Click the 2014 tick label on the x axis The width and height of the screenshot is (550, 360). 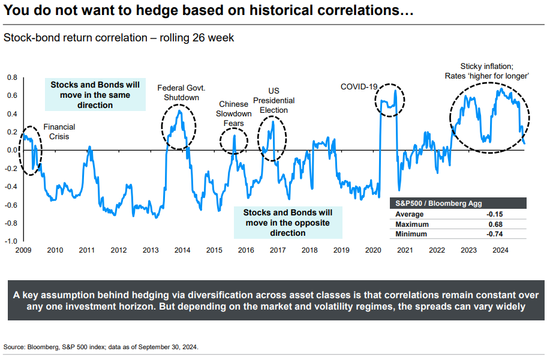(x=182, y=250)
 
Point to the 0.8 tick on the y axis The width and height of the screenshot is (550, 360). (x=13, y=77)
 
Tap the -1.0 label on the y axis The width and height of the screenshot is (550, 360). (x=11, y=241)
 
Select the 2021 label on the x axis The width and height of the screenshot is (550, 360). (x=404, y=250)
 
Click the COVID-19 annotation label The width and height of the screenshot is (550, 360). (x=359, y=86)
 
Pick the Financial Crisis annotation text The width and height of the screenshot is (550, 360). (x=59, y=132)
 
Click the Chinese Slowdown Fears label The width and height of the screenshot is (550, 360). (x=234, y=114)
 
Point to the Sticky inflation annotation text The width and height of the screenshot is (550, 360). (x=486, y=71)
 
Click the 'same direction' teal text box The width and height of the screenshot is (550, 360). (x=95, y=95)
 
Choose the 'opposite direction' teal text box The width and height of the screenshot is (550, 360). (x=288, y=223)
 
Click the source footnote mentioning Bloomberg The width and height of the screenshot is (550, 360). (x=101, y=347)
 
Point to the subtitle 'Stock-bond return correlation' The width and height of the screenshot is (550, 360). (x=119, y=38)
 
